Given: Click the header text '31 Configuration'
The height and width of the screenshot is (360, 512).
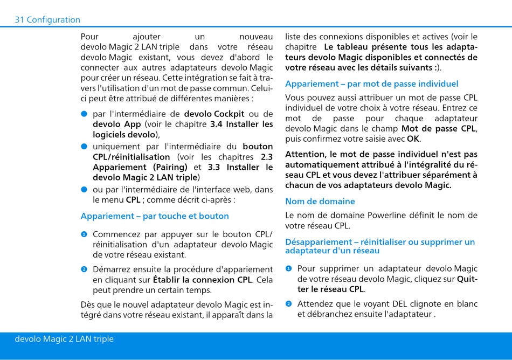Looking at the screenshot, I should pos(47,20).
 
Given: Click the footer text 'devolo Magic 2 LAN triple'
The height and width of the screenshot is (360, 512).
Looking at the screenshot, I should pos(64,339).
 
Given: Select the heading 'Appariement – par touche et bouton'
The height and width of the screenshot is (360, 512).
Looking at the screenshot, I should pos(155,216).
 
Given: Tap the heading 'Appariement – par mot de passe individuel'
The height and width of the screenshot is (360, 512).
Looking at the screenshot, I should pos(371,84).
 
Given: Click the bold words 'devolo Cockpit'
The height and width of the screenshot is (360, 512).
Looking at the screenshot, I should pos(214,114).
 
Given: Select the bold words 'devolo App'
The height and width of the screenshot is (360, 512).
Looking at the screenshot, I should pos(116,124).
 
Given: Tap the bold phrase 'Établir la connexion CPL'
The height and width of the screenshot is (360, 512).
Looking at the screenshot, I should pos(202,280).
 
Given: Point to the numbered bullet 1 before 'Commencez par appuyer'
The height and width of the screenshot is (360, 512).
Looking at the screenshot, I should pos(85,234).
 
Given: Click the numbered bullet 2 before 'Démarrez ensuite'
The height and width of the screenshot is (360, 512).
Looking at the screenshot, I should pos(85,269).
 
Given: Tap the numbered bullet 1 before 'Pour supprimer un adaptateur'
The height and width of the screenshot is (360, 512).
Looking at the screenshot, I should pos(289,269).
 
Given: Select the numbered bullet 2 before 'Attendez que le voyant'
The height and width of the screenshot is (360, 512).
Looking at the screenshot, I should pos(289,304).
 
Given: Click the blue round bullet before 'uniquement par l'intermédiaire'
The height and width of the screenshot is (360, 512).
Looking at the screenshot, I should pos(85,147).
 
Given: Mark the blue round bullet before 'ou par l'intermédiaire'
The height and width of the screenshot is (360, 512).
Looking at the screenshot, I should pos(85,189).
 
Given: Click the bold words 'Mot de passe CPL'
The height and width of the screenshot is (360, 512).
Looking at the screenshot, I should pos(438,129).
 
